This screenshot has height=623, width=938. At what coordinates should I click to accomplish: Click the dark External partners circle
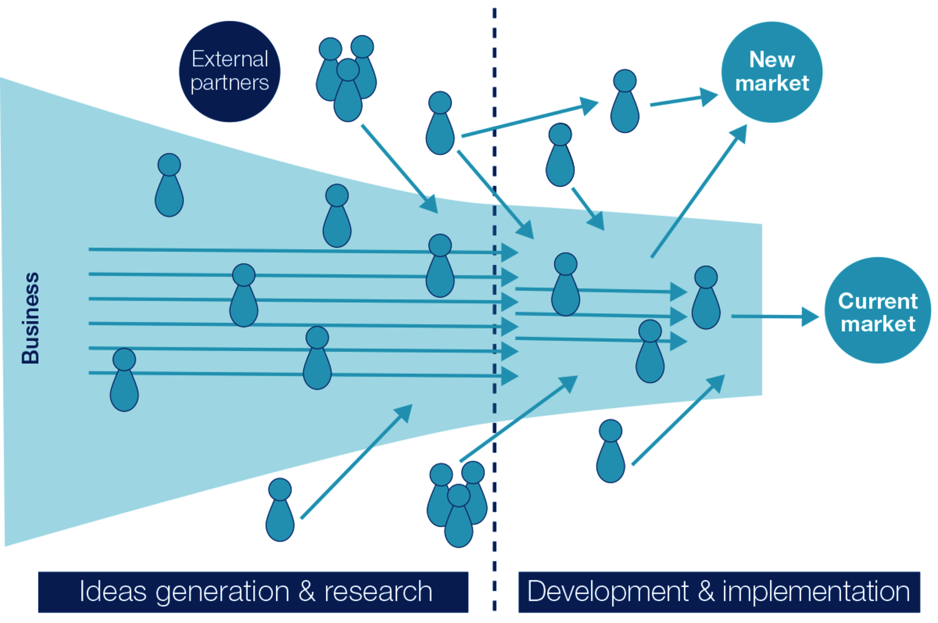coord(230,71)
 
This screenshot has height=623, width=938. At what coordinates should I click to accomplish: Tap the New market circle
coord(772,72)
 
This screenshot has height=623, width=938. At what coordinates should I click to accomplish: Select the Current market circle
coord(878,310)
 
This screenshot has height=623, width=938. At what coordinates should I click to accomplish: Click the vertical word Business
coord(30,318)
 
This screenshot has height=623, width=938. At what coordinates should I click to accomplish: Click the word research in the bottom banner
coord(378,592)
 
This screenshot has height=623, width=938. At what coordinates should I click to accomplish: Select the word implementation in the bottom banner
coord(816,592)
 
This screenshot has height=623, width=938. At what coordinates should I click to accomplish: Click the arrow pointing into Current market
coord(775,317)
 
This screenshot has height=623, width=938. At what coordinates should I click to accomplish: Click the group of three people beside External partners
coord(347,78)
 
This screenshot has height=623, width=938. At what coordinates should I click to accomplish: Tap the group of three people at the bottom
coord(457,504)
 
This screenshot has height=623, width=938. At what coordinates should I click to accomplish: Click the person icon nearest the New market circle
coord(625,101)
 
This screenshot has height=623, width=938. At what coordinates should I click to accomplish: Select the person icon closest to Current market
coord(706,297)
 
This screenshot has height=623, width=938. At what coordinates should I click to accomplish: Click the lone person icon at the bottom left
coord(280,510)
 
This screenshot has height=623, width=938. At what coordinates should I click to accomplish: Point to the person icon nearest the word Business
coord(124,380)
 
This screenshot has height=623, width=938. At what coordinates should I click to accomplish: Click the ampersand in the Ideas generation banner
coord(307,592)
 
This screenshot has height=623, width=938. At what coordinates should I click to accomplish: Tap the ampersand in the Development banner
coord(706,592)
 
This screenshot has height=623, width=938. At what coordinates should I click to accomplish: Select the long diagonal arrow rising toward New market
coord(699,191)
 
